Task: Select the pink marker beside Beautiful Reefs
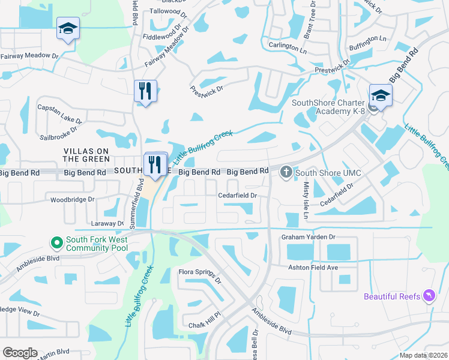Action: [x=429, y=296]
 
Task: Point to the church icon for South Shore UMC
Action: [x=286, y=173]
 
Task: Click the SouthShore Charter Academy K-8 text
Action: [x=328, y=107]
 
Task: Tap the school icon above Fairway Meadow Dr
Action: [x=68, y=28]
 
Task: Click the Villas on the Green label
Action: [x=87, y=155]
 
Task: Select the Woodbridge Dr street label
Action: [x=73, y=199]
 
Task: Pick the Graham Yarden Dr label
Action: [x=308, y=237]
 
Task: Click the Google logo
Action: [x=20, y=353]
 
